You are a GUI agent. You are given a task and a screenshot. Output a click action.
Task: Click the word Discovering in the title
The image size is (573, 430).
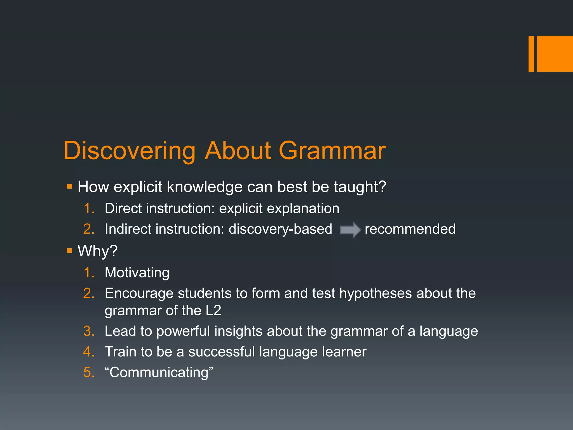click(x=129, y=151)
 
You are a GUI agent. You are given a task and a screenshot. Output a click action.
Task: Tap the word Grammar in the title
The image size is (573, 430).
click(x=332, y=151)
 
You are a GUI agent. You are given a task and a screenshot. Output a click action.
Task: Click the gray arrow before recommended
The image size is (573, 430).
click(x=350, y=230)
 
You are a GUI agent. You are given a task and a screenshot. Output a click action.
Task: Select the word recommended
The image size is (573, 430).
click(x=410, y=229)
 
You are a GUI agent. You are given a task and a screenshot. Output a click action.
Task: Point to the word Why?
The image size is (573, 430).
click(x=97, y=251)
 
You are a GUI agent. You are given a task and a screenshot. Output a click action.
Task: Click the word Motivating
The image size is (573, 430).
click(x=137, y=273)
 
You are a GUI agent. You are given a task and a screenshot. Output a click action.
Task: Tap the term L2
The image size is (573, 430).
click(x=213, y=310)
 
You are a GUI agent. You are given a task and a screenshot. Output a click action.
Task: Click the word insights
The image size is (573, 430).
click(x=238, y=331)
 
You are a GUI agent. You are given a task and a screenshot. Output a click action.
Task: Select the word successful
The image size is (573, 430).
click(x=221, y=352)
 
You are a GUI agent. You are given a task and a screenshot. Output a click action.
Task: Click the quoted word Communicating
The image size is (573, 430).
click(x=159, y=373)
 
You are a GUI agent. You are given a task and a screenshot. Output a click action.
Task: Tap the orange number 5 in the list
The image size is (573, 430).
click(x=89, y=373)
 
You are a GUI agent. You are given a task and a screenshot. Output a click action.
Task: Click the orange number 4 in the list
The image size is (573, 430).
click(x=89, y=352)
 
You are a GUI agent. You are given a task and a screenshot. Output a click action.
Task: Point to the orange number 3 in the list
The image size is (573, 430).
click(x=89, y=331)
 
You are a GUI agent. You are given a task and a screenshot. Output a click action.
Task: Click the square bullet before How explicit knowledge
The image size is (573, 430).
click(x=70, y=186)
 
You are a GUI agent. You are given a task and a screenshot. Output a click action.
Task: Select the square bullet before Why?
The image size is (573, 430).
click(x=70, y=251)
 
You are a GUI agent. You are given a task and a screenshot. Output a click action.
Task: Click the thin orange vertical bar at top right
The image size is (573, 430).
click(x=531, y=54)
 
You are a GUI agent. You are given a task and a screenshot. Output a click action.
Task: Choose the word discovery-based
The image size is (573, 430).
click(x=280, y=229)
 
